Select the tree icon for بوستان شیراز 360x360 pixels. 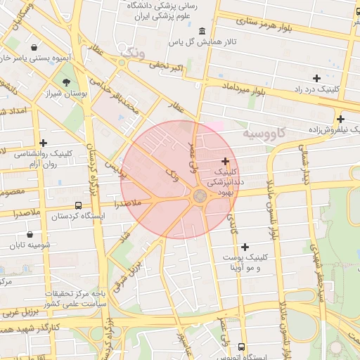67,82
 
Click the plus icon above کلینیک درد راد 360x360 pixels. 316,78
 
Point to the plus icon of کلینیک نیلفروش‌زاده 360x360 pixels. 340,119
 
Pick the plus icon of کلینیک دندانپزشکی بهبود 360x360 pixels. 225,161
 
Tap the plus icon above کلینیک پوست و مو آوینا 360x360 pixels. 245,247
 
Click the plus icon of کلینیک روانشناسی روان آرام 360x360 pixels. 43,143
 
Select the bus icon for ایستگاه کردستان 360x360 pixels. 77,206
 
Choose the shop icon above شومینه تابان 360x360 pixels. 30,235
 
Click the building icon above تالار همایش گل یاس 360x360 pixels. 202,32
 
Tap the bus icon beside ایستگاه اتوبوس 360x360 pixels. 242,347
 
